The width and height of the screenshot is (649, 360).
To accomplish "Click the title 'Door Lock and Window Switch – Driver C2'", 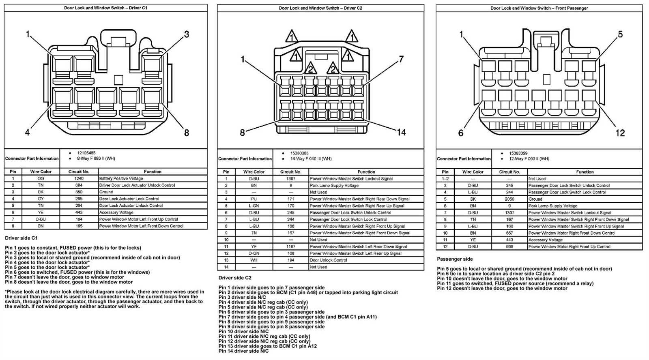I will [x=320, y=8].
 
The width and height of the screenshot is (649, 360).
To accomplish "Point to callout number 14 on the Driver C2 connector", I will [x=401, y=132].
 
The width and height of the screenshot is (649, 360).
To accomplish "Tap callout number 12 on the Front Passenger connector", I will [x=620, y=133].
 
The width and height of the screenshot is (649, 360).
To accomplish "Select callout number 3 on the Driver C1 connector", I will [x=187, y=34].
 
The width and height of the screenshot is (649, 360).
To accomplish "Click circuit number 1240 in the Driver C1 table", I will [x=79, y=178].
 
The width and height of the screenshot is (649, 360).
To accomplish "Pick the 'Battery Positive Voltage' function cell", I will [x=121, y=178].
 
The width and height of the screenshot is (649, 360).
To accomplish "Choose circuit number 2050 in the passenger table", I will [x=509, y=199].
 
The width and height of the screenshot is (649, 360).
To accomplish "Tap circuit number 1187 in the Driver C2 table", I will [x=290, y=246].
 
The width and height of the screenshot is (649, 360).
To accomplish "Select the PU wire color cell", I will [x=254, y=199].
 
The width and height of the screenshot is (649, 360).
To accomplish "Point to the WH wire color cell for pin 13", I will [x=254, y=260].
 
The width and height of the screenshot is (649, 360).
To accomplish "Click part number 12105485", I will [x=86, y=153].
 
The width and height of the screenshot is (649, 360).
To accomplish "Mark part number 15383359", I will [x=518, y=154].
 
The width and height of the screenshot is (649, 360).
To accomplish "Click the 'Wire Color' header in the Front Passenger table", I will [x=473, y=172].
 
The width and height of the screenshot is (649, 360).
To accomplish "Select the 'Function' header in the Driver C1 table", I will [x=153, y=172].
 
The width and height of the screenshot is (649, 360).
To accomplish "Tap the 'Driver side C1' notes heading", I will [x=21, y=238].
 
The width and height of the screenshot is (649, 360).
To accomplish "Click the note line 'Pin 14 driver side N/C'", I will [x=243, y=351].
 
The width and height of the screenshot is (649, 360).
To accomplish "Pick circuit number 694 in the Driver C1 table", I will [x=79, y=185].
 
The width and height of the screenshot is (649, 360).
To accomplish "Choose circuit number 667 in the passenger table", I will [x=509, y=233].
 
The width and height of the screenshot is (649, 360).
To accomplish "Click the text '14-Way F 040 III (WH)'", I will [x=311, y=159].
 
